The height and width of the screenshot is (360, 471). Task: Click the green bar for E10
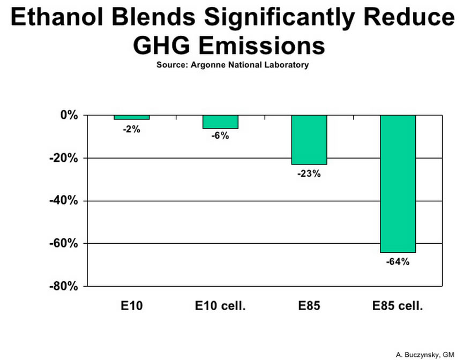(x=132, y=117)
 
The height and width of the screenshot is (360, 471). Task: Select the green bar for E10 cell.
(x=220, y=122)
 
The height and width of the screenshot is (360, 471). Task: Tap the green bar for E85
(x=309, y=140)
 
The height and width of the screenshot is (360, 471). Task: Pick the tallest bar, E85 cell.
(x=398, y=184)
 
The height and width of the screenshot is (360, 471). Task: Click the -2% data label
(x=132, y=130)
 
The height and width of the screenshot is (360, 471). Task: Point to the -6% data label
(x=220, y=136)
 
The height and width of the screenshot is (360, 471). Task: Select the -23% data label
(x=309, y=174)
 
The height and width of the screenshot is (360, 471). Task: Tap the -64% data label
(x=398, y=262)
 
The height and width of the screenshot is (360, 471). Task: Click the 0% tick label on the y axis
(x=69, y=115)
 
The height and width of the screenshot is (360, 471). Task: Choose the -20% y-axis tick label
(x=64, y=158)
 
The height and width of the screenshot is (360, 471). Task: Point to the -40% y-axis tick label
(x=64, y=200)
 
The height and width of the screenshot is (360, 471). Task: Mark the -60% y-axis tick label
(x=64, y=244)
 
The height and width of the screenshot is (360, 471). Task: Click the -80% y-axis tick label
(x=64, y=286)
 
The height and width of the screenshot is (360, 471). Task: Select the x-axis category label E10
(x=132, y=306)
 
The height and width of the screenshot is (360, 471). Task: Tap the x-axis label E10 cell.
(x=220, y=306)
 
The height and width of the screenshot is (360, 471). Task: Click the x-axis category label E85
(x=309, y=306)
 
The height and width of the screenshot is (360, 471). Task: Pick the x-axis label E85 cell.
(x=398, y=306)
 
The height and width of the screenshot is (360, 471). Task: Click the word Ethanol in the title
(x=57, y=17)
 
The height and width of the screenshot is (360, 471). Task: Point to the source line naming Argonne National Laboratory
(x=233, y=65)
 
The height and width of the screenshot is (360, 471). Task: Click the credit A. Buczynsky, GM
(x=425, y=355)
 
